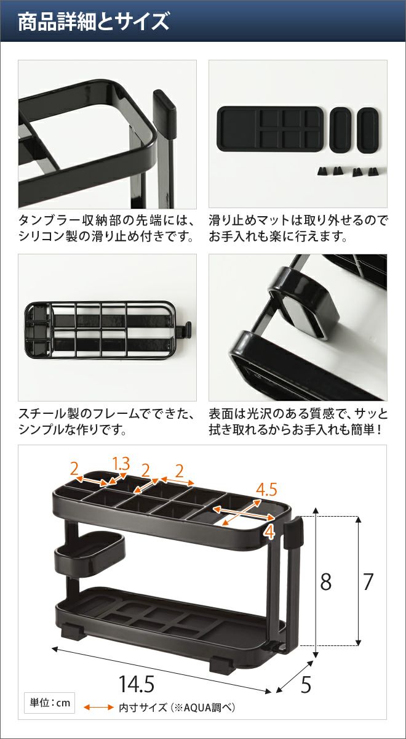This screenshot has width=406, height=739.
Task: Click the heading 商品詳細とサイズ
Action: coord(94,21)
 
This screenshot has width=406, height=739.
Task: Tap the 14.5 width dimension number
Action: coord(136,684)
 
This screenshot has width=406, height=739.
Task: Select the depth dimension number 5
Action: coord(306,685)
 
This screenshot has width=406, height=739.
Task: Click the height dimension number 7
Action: coord(368,581)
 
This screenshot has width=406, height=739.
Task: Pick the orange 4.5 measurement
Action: coord(266,489)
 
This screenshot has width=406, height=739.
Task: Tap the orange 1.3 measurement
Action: coord(121,464)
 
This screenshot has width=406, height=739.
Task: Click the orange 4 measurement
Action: coord(269,532)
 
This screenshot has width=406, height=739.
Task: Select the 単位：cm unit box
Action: coord(50,703)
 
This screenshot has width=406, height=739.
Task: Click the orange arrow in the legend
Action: coord(98,707)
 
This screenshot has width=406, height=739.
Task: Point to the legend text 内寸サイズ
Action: coord(143,708)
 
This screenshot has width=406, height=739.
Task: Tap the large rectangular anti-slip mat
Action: coord(270,129)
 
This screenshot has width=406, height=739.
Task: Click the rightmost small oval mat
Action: coord(368,130)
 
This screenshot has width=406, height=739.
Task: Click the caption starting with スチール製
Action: coord(106,422)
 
